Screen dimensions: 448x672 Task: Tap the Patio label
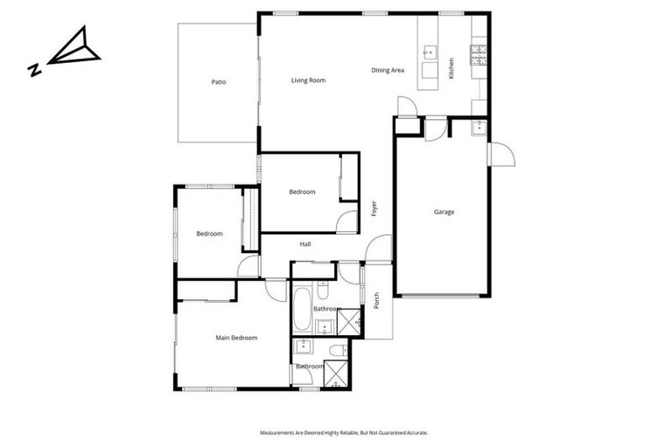click(x=219, y=82)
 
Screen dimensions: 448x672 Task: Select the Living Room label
click(x=308, y=80)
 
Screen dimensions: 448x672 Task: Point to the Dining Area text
click(x=388, y=70)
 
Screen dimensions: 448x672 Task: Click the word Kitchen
click(x=451, y=68)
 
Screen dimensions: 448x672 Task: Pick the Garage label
click(x=444, y=212)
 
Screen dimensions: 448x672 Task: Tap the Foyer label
click(x=374, y=209)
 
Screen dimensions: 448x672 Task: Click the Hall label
click(x=305, y=244)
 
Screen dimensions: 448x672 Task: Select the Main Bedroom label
click(x=236, y=338)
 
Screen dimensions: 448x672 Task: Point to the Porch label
click(x=376, y=300)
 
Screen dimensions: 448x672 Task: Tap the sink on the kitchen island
click(x=430, y=51)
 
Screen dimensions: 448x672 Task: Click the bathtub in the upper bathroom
click(x=302, y=309)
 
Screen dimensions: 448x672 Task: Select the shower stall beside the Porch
click(x=350, y=321)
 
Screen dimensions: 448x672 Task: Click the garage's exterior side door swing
click(x=502, y=155)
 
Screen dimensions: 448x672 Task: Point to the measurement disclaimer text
click(x=344, y=432)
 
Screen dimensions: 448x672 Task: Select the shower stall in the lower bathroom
click(x=336, y=377)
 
